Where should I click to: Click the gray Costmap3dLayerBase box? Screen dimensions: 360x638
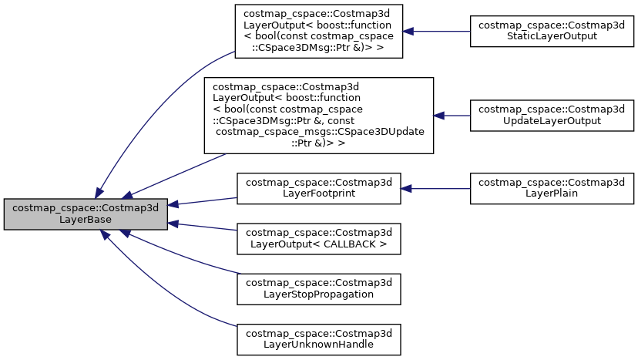pyautogui.click(x=85, y=214)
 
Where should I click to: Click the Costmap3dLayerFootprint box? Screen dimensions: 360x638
pyautogui.click(x=318, y=189)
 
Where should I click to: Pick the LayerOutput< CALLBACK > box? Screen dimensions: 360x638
pyautogui.click(x=318, y=238)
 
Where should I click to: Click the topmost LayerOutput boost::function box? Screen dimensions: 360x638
pyautogui.click(x=318, y=32)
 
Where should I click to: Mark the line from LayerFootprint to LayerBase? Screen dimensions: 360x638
pyautogui.click(x=202, y=201)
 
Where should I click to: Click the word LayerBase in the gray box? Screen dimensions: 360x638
pyautogui.click(x=85, y=220)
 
